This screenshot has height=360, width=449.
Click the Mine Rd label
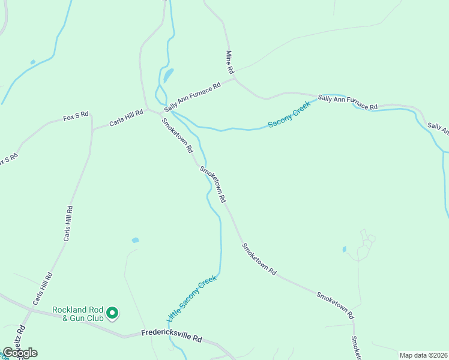click(229, 62)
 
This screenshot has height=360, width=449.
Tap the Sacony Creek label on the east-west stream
click(289, 115)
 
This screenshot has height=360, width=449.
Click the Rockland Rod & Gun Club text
click(77, 313)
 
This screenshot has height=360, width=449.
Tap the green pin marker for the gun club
click(112, 313)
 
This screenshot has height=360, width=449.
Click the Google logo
click(20, 353)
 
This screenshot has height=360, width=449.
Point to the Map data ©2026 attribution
click(423, 355)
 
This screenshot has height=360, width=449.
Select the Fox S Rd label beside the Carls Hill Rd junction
click(76, 116)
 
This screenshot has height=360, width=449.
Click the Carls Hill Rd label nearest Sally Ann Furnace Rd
click(126, 118)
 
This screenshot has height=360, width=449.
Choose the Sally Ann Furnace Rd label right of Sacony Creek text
click(348, 102)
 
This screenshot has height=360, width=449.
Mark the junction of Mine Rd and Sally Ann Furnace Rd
click(234, 77)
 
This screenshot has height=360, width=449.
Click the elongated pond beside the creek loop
click(169, 75)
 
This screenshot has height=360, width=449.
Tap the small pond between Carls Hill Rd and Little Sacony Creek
click(135, 240)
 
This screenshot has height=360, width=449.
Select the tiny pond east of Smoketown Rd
click(344, 249)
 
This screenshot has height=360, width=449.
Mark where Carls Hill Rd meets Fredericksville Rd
click(30, 311)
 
